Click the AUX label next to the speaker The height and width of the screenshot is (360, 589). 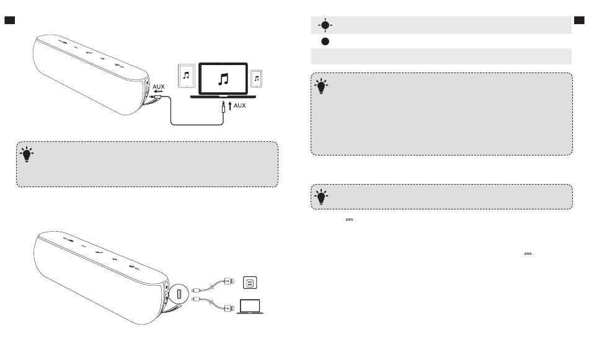coord(159,87)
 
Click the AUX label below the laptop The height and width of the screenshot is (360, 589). coord(240,105)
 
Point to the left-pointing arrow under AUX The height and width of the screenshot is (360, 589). coord(158,91)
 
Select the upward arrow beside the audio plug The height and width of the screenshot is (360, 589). coord(230,105)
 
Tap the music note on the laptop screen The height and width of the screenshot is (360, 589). coord(223,79)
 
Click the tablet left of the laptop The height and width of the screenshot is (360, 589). coord(187,76)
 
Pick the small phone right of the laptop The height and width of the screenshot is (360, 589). coord(257,79)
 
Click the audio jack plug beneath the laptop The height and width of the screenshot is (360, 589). coord(223,107)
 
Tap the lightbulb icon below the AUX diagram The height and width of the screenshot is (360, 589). coord(27,154)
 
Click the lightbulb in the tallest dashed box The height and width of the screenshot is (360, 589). coord(321,86)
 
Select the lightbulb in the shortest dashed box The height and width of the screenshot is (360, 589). coord(321,196)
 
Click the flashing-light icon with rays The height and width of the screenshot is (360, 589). coord(325,25)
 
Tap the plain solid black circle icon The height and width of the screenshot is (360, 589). coord(325,42)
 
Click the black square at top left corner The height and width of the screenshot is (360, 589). coord(10,20)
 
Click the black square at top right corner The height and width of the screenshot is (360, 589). coord(579,20)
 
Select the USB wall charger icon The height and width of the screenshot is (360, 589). coord(250,283)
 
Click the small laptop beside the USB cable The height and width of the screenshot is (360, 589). coord(250,306)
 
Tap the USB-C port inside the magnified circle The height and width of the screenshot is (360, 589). coord(179,294)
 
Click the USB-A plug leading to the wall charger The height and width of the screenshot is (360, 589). coord(229,281)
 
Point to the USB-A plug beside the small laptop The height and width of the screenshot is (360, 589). coord(229,308)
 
